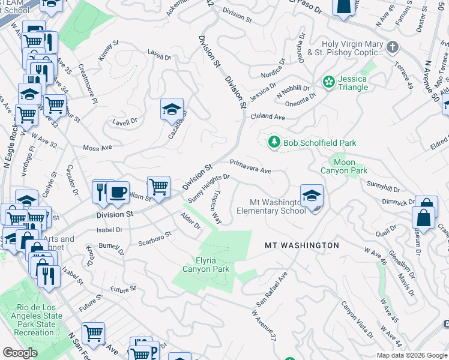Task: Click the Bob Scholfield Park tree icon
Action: point(274,142)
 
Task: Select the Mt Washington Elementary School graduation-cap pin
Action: point(312,196)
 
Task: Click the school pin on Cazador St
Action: point(172,109)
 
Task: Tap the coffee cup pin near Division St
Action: point(118,193)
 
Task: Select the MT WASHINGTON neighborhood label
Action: point(302,245)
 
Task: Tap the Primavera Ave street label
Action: point(251,166)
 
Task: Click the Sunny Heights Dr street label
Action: point(208,188)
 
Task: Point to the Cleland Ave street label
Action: point(268,117)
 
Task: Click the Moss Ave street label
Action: point(98,148)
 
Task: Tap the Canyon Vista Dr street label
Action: point(358,319)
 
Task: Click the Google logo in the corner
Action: point(20,353)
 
